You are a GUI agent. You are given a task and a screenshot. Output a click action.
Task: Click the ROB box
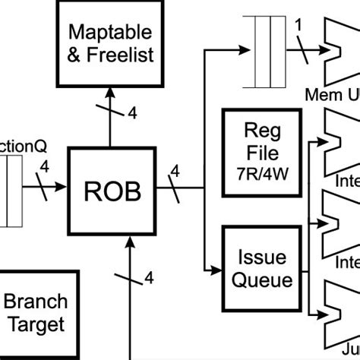click(113, 192)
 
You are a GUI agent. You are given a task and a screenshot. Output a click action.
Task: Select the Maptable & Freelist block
click(111, 43)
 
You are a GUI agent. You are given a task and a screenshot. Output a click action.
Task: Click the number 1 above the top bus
click(298, 24)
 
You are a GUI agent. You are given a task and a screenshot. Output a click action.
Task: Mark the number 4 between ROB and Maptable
click(131, 114)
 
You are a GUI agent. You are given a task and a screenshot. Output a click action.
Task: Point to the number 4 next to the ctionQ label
click(44, 166)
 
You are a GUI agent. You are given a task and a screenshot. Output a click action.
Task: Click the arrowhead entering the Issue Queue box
click(215, 269)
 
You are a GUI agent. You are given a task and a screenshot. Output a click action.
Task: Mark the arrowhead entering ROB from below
click(133, 242)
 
